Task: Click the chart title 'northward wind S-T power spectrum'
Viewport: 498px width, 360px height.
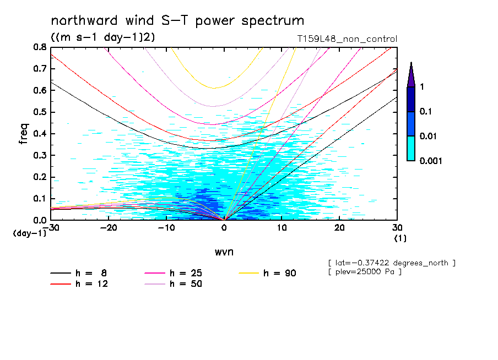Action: pos(177,21)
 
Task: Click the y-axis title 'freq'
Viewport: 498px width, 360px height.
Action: pos(24,133)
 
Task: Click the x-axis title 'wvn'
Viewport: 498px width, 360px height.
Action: pos(224,252)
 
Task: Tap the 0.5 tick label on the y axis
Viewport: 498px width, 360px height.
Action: pos(39,112)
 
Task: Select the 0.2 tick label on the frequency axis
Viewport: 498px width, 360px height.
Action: pos(39,177)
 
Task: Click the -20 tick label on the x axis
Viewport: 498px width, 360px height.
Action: pos(109,228)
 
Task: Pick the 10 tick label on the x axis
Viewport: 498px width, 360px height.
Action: pos(282,228)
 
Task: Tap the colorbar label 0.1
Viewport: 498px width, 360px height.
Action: pos(426,112)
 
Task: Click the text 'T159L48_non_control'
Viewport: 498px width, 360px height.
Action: pos(347,39)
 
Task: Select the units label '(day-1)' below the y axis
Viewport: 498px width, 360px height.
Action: pos(30,233)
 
